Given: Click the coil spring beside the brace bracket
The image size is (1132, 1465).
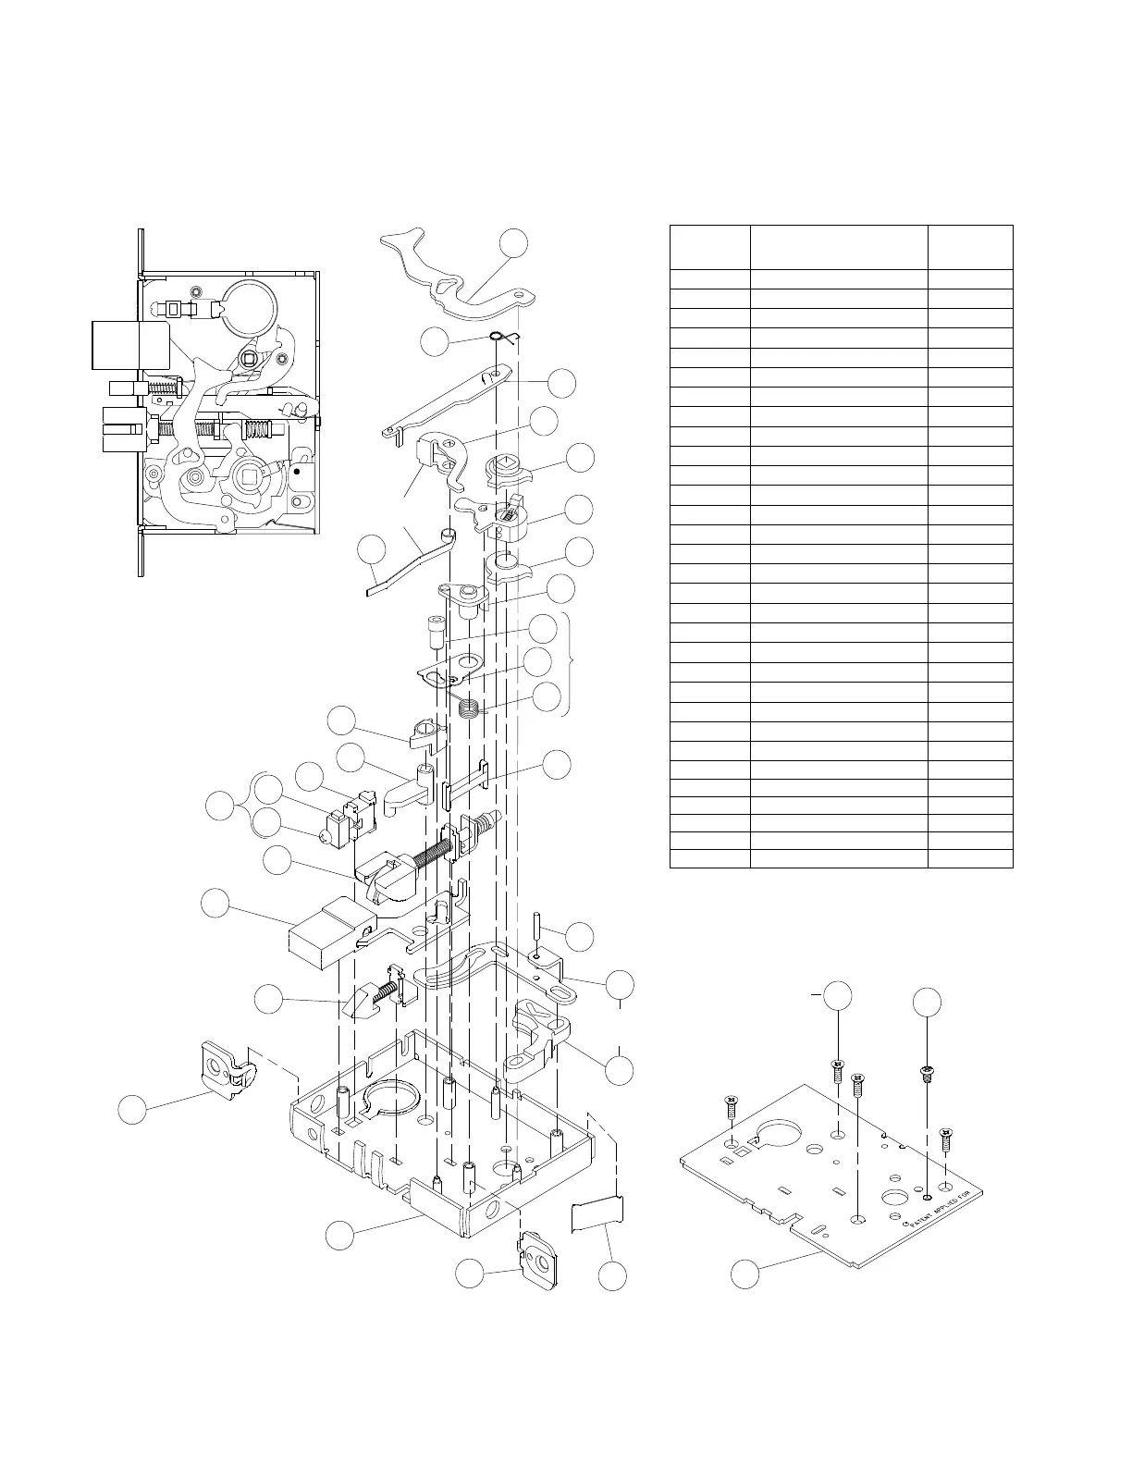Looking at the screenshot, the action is tap(471, 710).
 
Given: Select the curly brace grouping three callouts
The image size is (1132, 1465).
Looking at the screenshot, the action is tap(572, 665).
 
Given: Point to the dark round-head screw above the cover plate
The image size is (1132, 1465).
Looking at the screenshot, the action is tap(927, 1074).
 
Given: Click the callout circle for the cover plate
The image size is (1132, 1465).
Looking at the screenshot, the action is tap(745, 1274).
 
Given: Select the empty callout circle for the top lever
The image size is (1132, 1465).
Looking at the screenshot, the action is tap(514, 243).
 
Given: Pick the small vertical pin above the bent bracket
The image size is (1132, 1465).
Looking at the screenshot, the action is tap(537, 926).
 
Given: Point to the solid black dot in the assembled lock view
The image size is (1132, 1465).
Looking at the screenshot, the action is tap(298, 471).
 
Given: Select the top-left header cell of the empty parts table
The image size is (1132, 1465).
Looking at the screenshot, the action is tap(709, 247).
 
